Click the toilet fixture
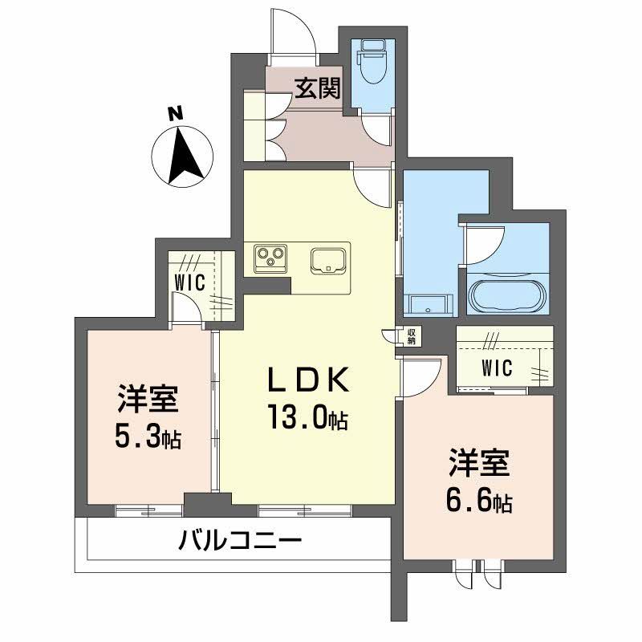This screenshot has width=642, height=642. [x=372, y=63]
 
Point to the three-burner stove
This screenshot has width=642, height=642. [x=270, y=258]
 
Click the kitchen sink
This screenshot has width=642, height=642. [x=328, y=259]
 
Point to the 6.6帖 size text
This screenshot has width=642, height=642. [x=479, y=502]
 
